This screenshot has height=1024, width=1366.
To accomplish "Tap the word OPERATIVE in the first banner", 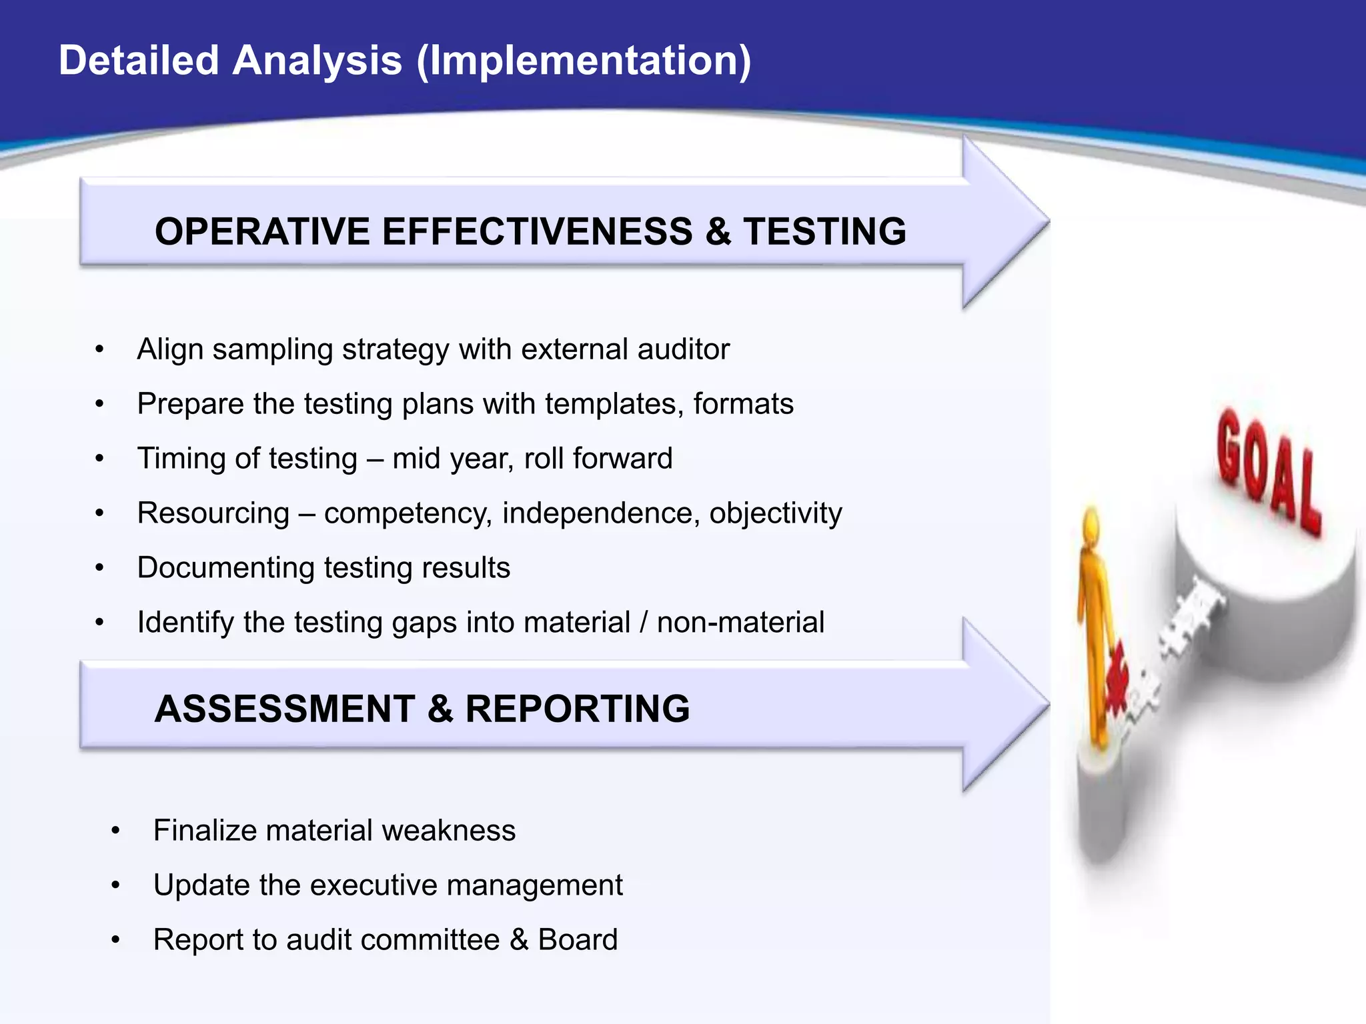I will (x=262, y=231).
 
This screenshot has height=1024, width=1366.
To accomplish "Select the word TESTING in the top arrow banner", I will (x=824, y=231).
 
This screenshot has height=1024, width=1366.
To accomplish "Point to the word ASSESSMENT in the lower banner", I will (x=285, y=708).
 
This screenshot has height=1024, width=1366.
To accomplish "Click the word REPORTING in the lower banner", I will (x=577, y=708).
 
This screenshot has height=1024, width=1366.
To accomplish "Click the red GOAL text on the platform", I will (x=1267, y=471).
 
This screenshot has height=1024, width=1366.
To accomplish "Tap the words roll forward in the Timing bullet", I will (x=598, y=459).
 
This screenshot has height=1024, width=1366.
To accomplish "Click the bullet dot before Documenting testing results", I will (x=100, y=568).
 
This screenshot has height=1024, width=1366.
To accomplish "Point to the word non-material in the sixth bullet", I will (x=740, y=623).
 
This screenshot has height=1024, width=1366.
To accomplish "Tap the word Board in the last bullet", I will (x=578, y=940).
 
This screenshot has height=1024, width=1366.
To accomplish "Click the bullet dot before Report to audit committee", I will (x=116, y=940).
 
